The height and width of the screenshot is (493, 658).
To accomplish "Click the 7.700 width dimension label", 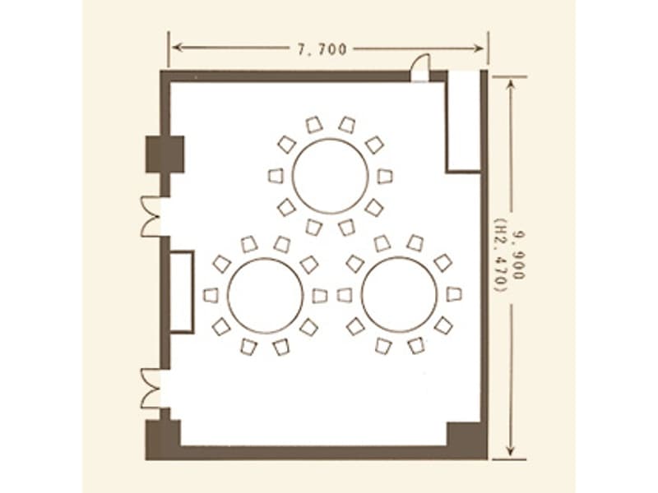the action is [322, 49].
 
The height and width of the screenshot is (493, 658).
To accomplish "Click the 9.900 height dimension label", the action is [520, 256].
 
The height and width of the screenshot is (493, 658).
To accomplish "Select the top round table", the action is [331, 176].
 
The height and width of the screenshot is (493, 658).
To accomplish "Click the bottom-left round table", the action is [265, 296].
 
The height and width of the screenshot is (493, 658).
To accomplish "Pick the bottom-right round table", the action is [399, 295].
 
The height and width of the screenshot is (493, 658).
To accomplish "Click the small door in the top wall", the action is [420, 68].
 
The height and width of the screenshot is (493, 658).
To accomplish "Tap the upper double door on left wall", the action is [151, 216].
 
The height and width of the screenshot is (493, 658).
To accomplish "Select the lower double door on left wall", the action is [151, 389].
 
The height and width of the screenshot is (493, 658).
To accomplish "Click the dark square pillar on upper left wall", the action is [165, 154].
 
